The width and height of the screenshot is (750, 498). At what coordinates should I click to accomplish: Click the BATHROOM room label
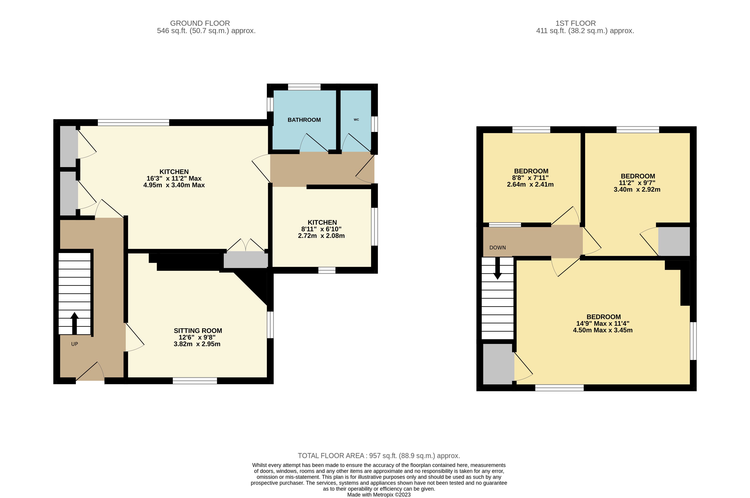[x=304, y=120]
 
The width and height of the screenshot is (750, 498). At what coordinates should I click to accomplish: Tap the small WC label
[x=356, y=120]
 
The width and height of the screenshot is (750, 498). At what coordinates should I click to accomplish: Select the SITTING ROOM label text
[x=198, y=331]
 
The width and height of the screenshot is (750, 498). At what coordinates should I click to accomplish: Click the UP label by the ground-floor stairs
[x=75, y=344]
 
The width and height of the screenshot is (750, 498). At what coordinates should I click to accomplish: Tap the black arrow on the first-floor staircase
[x=498, y=268]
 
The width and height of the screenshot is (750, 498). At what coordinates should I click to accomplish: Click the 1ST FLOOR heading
[x=576, y=23]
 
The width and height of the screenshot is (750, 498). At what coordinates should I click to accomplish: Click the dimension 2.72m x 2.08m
[x=321, y=236]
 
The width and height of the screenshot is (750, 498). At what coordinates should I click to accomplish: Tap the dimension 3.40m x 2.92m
[x=637, y=190]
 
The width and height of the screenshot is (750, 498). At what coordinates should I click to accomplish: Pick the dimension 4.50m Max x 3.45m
[x=603, y=330]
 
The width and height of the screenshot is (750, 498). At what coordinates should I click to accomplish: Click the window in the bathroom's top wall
[x=304, y=87]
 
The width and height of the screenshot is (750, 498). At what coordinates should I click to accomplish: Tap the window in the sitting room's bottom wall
[x=195, y=381]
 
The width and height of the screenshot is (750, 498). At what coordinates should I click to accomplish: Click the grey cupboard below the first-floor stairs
[x=498, y=364]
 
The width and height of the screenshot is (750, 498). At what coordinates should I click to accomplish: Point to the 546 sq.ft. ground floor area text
[x=206, y=31]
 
